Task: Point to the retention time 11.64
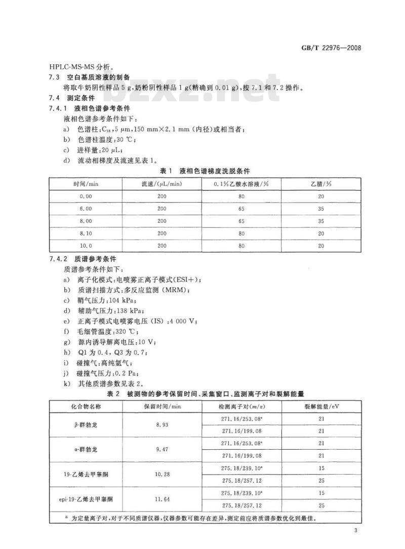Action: (162, 499)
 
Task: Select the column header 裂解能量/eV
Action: (320, 406)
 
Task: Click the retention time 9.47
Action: (162, 449)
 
